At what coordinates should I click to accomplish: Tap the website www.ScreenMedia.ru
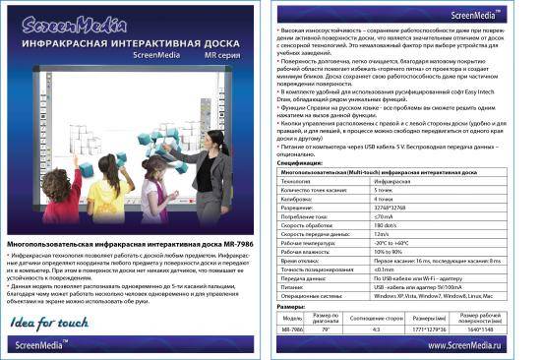[482, 345]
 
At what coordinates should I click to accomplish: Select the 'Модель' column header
[292, 319]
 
